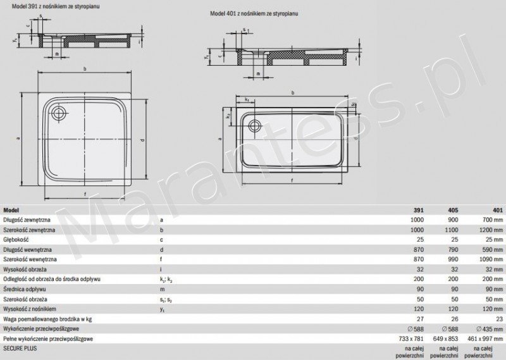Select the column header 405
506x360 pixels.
click(x=454, y=210)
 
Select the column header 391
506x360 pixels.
click(x=418, y=210)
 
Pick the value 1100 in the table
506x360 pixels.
click(x=452, y=230)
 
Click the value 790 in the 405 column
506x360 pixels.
click(x=454, y=249)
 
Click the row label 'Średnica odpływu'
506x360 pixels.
click(x=25, y=289)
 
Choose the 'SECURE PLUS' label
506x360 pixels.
click(x=21, y=349)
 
